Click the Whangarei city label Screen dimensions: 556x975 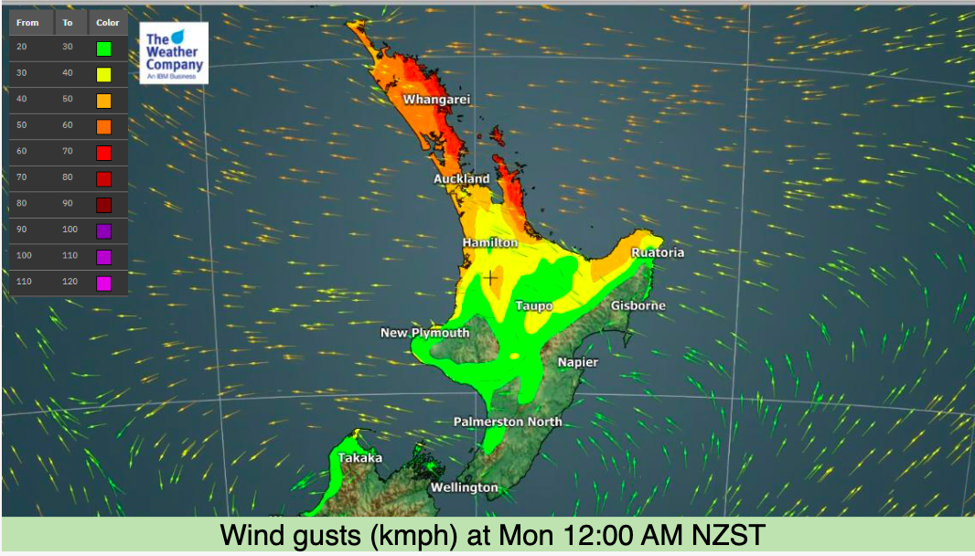click(436, 99)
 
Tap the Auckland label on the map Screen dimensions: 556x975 click(462, 179)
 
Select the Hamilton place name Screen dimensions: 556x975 click(489, 243)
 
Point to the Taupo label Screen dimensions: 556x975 click(534, 305)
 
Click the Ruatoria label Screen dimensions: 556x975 click(658, 252)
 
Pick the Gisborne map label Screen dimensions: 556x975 click(638, 305)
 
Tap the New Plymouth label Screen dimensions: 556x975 click(424, 333)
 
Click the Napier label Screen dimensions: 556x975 click(578, 362)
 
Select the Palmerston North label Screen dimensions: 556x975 click(508, 422)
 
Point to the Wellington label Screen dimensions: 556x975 click(464, 487)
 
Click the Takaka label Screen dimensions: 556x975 click(360, 457)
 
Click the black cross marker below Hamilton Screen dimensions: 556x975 click(491, 277)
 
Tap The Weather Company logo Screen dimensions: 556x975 click(175, 53)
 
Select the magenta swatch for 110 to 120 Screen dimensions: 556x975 click(104, 283)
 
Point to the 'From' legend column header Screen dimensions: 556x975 click(27, 23)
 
